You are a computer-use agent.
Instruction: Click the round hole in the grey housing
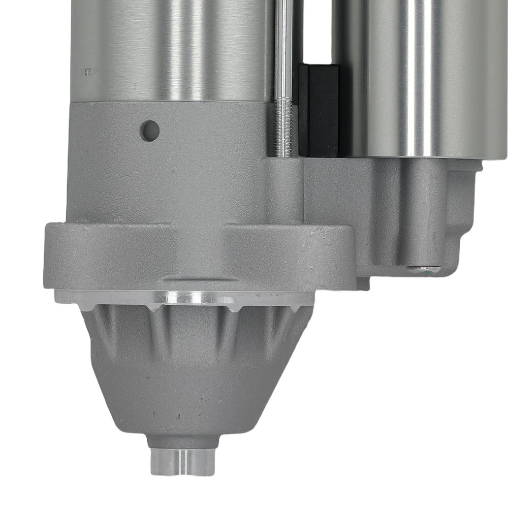(150, 131)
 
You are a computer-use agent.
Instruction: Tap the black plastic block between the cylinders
(318, 109)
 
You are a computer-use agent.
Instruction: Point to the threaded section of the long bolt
(283, 127)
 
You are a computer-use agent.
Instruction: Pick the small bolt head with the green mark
(424, 270)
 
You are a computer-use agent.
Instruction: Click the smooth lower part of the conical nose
(183, 401)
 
